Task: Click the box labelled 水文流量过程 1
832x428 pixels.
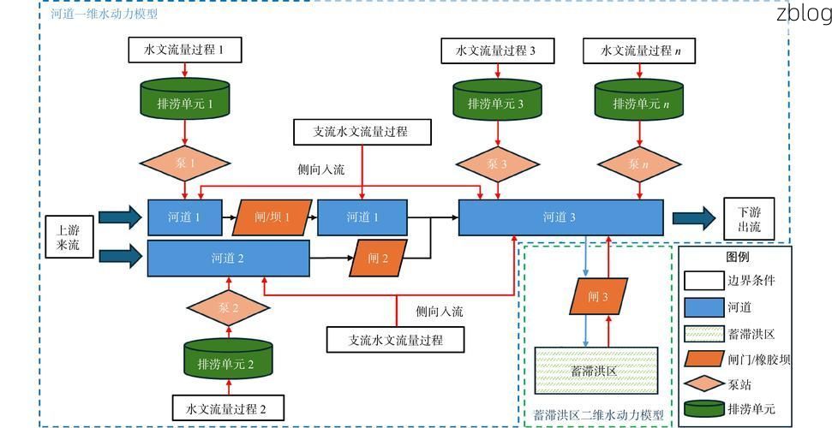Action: (185, 51)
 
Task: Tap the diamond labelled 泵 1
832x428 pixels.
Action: (185, 163)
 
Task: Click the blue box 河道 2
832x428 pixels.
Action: (228, 258)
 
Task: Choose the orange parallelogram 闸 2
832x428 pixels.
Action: (378, 258)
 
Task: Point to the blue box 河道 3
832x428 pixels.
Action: (560, 217)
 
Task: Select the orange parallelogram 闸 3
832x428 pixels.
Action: (598, 296)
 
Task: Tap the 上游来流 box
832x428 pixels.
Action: (68, 238)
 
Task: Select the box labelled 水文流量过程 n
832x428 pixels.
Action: (638, 51)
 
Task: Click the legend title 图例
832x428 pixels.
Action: (737, 256)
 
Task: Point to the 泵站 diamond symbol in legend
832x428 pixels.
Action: (705, 384)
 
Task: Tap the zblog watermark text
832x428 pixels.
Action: (803, 13)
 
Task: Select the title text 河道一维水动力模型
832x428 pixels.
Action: (104, 15)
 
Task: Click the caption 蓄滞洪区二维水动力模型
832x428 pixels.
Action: (597, 415)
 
